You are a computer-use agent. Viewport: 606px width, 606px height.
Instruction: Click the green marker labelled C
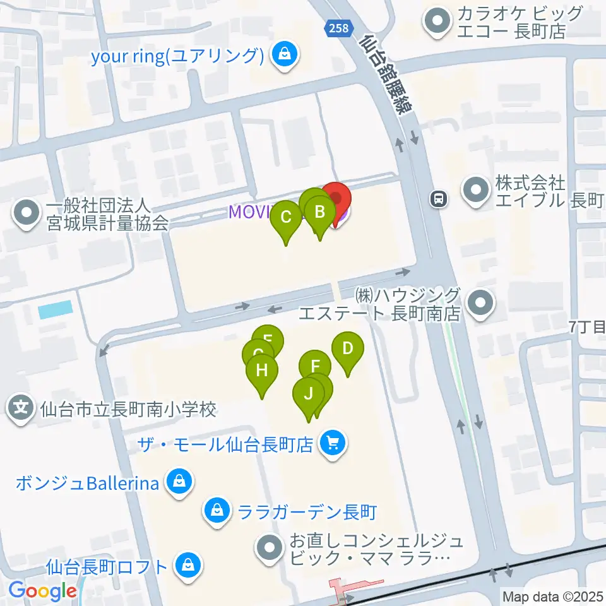point(286,218)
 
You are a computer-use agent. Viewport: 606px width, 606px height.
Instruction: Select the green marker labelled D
point(347,349)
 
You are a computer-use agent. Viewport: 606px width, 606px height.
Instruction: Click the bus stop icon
point(437,199)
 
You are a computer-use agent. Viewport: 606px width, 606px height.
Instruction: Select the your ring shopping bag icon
point(285,55)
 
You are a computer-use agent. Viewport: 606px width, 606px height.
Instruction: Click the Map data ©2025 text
point(553,596)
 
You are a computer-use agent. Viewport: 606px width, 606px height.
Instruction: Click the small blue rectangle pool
point(55,310)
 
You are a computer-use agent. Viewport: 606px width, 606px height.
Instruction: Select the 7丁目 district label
point(587,326)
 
